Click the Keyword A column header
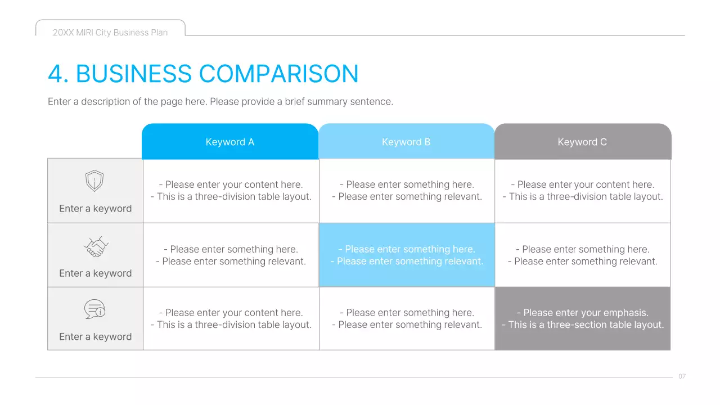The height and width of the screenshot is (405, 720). click(x=230, y=142)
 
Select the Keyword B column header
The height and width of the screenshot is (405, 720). click(x=406, y=142)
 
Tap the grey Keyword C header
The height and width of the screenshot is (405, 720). click(x=582, y=142)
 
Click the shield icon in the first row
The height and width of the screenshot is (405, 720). click(x=94, y=181)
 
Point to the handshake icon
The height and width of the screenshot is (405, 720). click(x=96, y=246)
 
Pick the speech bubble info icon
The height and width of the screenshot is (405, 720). click(x=94, y=309)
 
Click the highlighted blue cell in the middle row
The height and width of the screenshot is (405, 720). click(x=407, y=255)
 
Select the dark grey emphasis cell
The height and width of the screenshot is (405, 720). click(x=583, y=318)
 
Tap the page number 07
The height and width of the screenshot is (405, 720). click(x=682, y=376)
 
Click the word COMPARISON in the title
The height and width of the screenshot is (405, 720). click(x=278, y=74)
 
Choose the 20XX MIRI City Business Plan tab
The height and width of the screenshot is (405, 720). click(x=110, y=33)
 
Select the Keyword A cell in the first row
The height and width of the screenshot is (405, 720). click(x=231, y=191)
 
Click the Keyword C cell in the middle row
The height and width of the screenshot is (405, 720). click(x=582, y=255)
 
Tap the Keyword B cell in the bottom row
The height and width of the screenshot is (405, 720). click(x=407, y=318)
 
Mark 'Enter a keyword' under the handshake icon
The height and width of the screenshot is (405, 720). click(x=95, y=273)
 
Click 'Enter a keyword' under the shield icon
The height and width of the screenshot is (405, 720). click(x=95, y=209)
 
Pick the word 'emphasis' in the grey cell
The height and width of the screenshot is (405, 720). click(x=625, y=313)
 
